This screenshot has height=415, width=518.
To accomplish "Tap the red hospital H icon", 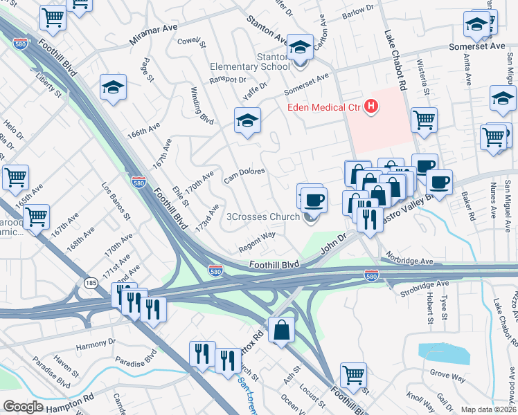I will (x=372, y=107).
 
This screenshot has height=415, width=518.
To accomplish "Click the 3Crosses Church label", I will (x=264, y=217).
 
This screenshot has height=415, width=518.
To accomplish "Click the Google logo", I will (x=23, y=407).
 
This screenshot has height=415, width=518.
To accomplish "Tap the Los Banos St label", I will (x=116, y=201).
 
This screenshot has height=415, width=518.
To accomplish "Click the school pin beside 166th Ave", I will (x=114, y=88).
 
